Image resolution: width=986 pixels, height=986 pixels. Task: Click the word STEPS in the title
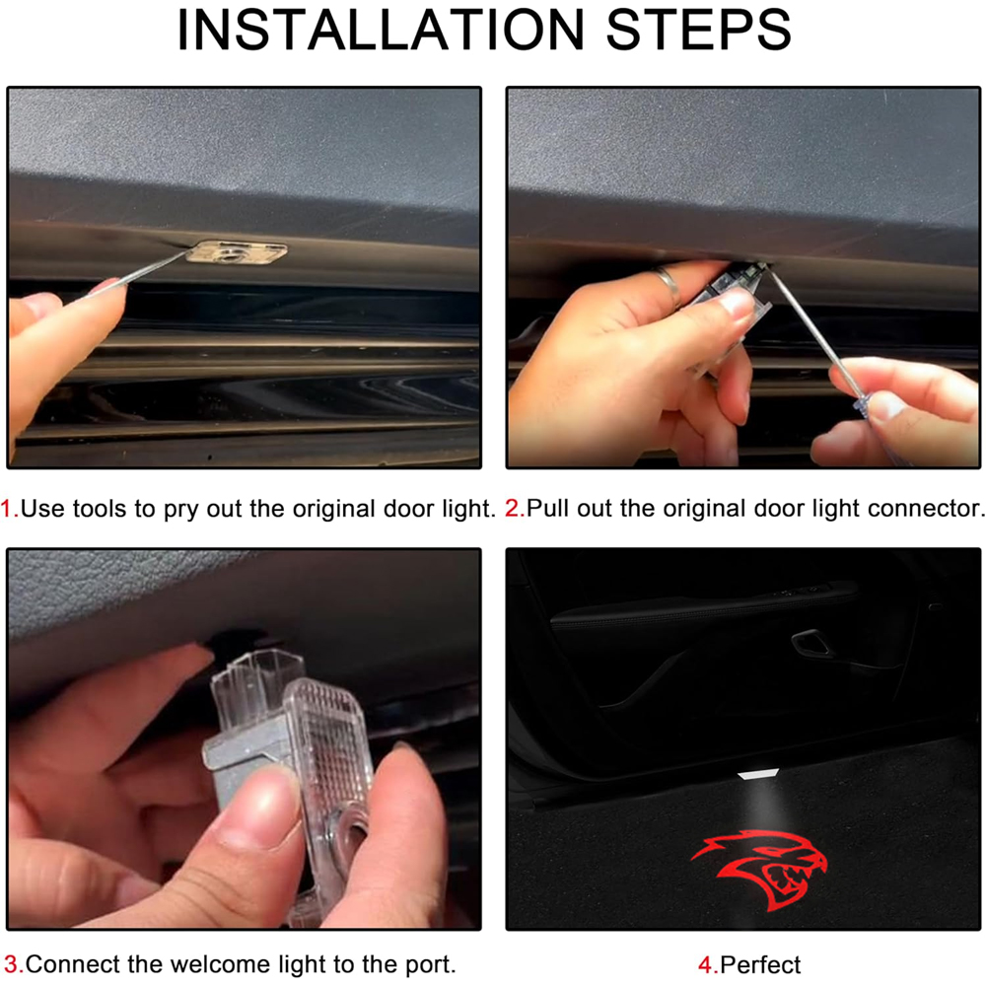pyautogui.click(x=699, y=30)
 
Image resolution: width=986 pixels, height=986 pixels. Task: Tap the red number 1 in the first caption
pyautogui.click(x=8, y=508)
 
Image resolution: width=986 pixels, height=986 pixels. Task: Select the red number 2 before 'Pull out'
pyautogui.click(x=513, y=508)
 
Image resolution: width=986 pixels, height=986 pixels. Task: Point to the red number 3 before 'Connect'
pyautogui.click(x=13, y=964)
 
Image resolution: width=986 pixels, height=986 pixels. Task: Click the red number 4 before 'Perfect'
pyautogui.click(x=706, y=964)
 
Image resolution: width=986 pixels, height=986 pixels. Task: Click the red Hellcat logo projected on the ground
pyautogui.click(x=760, y=869)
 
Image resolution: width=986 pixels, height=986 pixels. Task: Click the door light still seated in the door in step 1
pyautogui.click(x=237, y=251)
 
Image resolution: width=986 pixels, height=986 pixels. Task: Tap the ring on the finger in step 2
pyautogui.click(x=669, y=286)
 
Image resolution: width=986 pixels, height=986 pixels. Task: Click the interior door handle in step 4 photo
pyautogui.click(x=811, y=643)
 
